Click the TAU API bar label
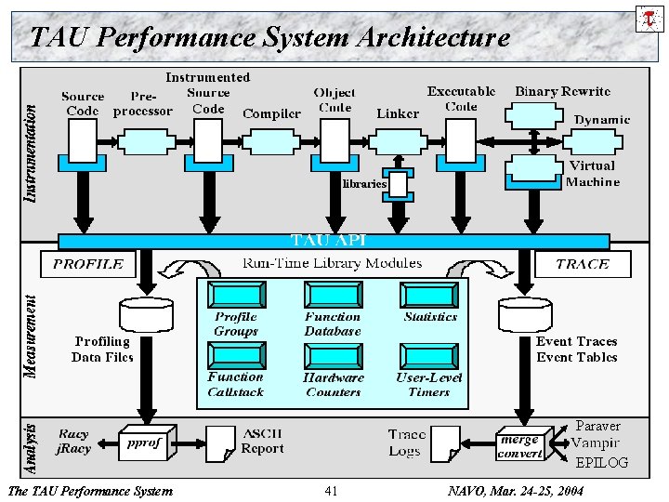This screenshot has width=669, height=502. click(329, 240)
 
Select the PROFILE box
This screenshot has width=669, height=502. click(88, 264)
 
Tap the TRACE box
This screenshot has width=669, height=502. click(582, 264)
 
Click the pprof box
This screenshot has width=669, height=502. click(143, 443)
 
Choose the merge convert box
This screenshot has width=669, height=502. click(520, 446)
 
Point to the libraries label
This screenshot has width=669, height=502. click(364, 183)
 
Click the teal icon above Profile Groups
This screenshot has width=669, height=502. click(235, 296)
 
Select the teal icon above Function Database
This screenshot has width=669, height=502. click(332, 296)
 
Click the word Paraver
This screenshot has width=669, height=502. click(597, 426)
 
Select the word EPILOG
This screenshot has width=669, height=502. click(601, 462)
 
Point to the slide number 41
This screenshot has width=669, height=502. click(331, 491)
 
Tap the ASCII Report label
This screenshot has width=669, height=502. click(262, 441)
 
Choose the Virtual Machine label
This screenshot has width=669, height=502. click(592, 174)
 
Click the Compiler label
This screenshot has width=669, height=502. click(271, 113)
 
